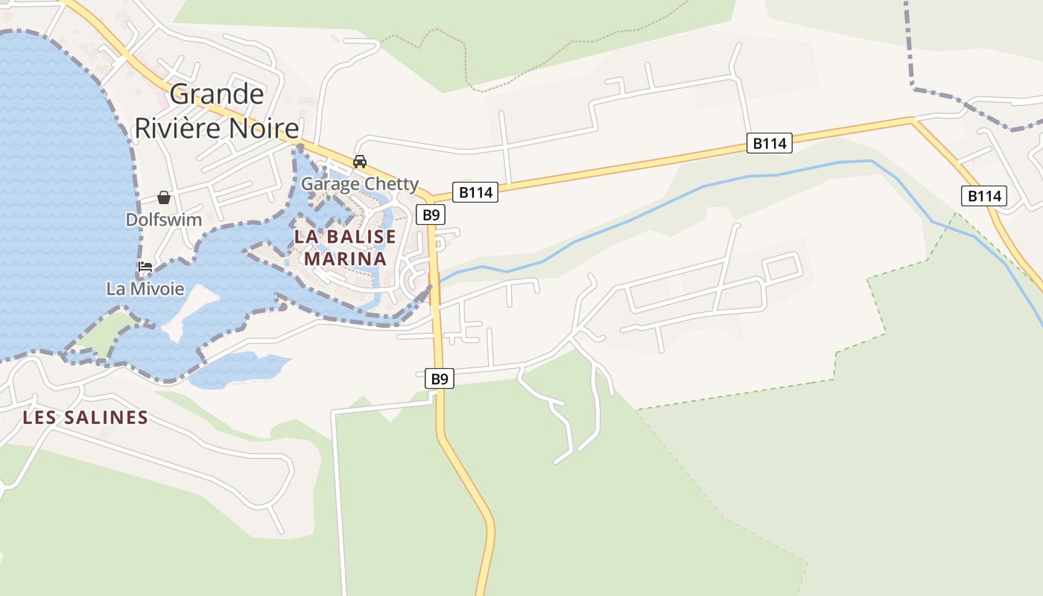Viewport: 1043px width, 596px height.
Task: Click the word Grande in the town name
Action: [x=217, y=95]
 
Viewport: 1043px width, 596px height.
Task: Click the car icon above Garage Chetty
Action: [x=360, y=162]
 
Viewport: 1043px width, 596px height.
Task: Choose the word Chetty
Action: [x=391, y=183]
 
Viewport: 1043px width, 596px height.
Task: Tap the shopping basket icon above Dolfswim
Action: [x=164, y=197]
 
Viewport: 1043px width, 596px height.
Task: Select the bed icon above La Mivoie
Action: [x=145, y=267]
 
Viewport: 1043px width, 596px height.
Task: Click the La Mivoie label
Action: [x=145, y=288]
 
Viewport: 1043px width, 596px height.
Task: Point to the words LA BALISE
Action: [x=345, y=237]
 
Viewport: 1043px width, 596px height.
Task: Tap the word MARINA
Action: [x=345, y=259]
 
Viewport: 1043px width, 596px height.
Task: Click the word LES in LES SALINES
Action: [x=39, y=417]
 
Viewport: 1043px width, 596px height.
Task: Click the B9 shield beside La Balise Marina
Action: [x=430, y=215]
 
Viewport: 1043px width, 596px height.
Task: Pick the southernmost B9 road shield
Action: [x=440, y=379]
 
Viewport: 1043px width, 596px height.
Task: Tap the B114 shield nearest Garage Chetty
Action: [x=475, y=192]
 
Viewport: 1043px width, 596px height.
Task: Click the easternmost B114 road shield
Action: [x=983, y=196]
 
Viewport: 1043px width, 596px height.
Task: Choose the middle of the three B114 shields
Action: [x=769, y=143]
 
